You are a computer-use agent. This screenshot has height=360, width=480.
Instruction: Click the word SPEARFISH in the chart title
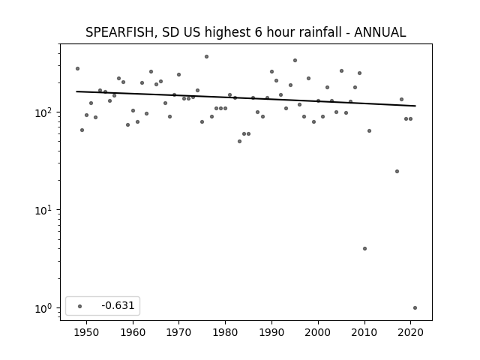(120, 32)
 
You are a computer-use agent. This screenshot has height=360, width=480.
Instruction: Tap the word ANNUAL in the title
(380, 32)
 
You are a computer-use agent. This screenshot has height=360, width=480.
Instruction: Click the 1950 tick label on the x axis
(86, 332)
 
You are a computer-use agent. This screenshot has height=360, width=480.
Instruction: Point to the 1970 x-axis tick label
(178, 332)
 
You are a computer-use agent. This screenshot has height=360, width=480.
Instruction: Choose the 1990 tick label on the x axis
(271, 332)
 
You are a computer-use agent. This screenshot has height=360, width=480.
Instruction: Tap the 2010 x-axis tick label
(364, 332)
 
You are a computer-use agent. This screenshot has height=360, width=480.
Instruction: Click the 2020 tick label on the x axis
(410, 332)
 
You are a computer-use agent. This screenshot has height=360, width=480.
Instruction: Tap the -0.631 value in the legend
(118, 305)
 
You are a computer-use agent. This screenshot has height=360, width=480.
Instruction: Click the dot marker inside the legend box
(80, 306)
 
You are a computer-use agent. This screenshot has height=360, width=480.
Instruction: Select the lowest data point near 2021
(415, 308)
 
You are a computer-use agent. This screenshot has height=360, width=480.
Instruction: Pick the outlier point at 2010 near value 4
(364, 248)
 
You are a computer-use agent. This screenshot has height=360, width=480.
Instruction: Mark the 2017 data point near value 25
(397, 172)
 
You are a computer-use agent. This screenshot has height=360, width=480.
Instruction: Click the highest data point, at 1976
(207, 57)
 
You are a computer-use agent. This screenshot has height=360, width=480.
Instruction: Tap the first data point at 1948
(77, 68)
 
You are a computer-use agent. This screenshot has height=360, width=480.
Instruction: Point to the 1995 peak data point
(295, 60)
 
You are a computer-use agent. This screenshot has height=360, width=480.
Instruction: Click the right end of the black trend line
(415, 106)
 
